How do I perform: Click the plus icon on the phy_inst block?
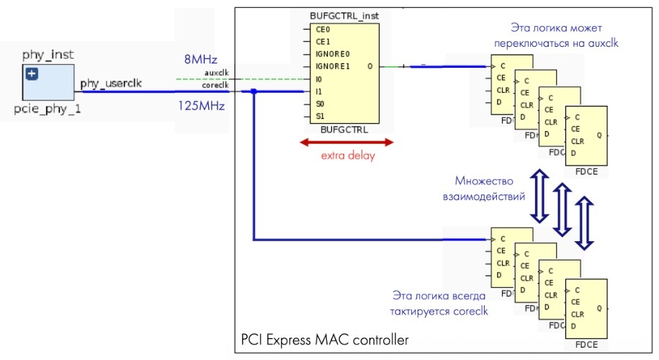click(32, 74)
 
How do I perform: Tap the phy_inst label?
click(48, 55)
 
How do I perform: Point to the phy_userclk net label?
click(111, 84)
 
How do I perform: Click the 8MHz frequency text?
click(201, 59)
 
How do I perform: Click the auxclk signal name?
click(217, 73)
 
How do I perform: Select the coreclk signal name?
click(215, 85)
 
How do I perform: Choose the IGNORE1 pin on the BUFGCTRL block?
click(333, 66)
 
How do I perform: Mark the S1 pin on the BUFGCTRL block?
click(320, 116)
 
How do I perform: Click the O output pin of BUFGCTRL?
click(369, 66)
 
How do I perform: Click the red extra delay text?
click(349, 156)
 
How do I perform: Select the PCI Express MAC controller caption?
click(324, 338)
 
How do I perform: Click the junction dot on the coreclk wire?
click(254, 91)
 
